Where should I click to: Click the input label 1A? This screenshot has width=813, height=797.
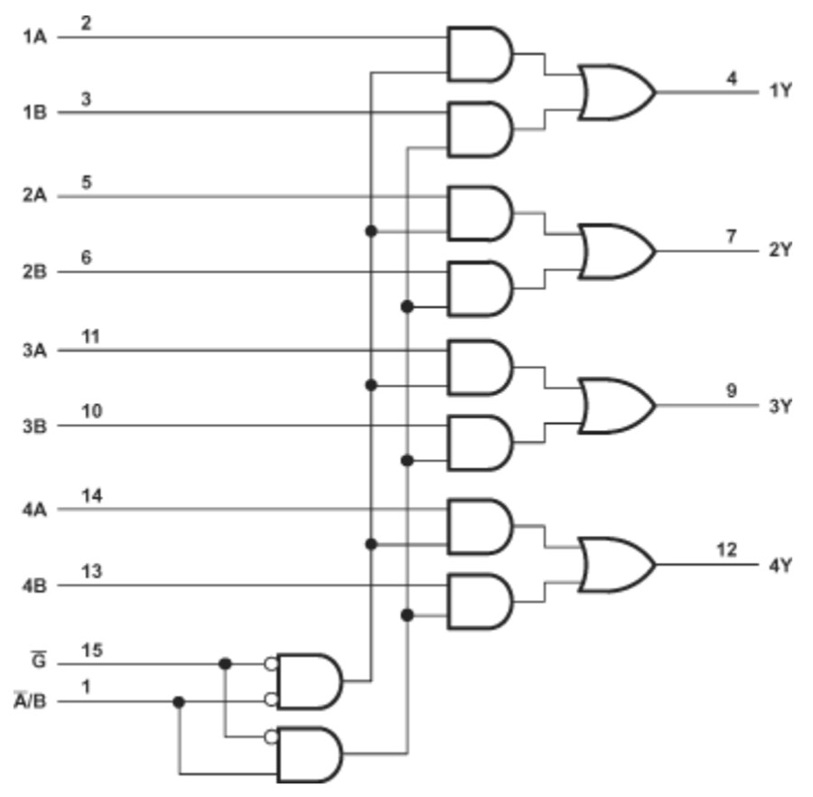pos(34,37)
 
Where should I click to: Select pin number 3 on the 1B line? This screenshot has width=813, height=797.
pos(86,98)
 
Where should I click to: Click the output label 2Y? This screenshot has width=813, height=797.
pos(780,250)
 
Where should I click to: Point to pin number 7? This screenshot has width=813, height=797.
pos(732,237)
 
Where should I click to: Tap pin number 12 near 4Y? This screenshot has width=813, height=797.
pos(725,550)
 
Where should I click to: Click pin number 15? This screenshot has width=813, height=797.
pos(91,650)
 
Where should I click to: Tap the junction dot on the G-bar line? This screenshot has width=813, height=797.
pos(225,664)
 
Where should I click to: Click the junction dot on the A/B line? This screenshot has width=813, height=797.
pos(179,701)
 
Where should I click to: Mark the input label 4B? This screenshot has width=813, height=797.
pos(34,586)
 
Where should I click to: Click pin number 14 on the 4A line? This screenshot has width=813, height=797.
pos(91,496)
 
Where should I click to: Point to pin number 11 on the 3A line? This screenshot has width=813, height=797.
pos(90,336)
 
